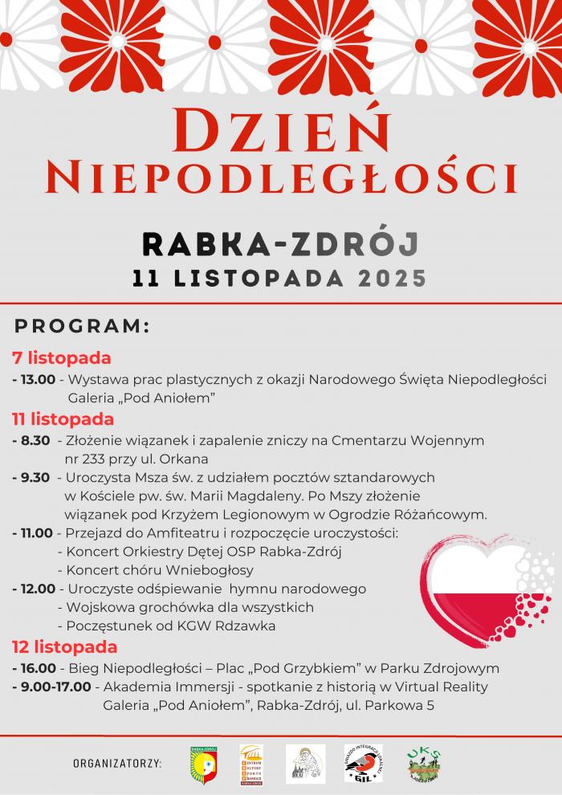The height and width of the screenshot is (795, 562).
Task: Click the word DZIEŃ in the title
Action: click(281, 131)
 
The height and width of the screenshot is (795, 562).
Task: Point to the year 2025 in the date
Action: click(393, 279)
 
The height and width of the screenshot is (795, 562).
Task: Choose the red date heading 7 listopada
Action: click(61, 358)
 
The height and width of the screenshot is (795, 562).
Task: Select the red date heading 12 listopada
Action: click(64, 647)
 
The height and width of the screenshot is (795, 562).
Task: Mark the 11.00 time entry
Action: click(36, 532)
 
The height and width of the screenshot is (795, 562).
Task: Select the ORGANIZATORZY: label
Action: click(117, 763)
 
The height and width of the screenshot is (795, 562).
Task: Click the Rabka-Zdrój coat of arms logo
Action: click(203, 763)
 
